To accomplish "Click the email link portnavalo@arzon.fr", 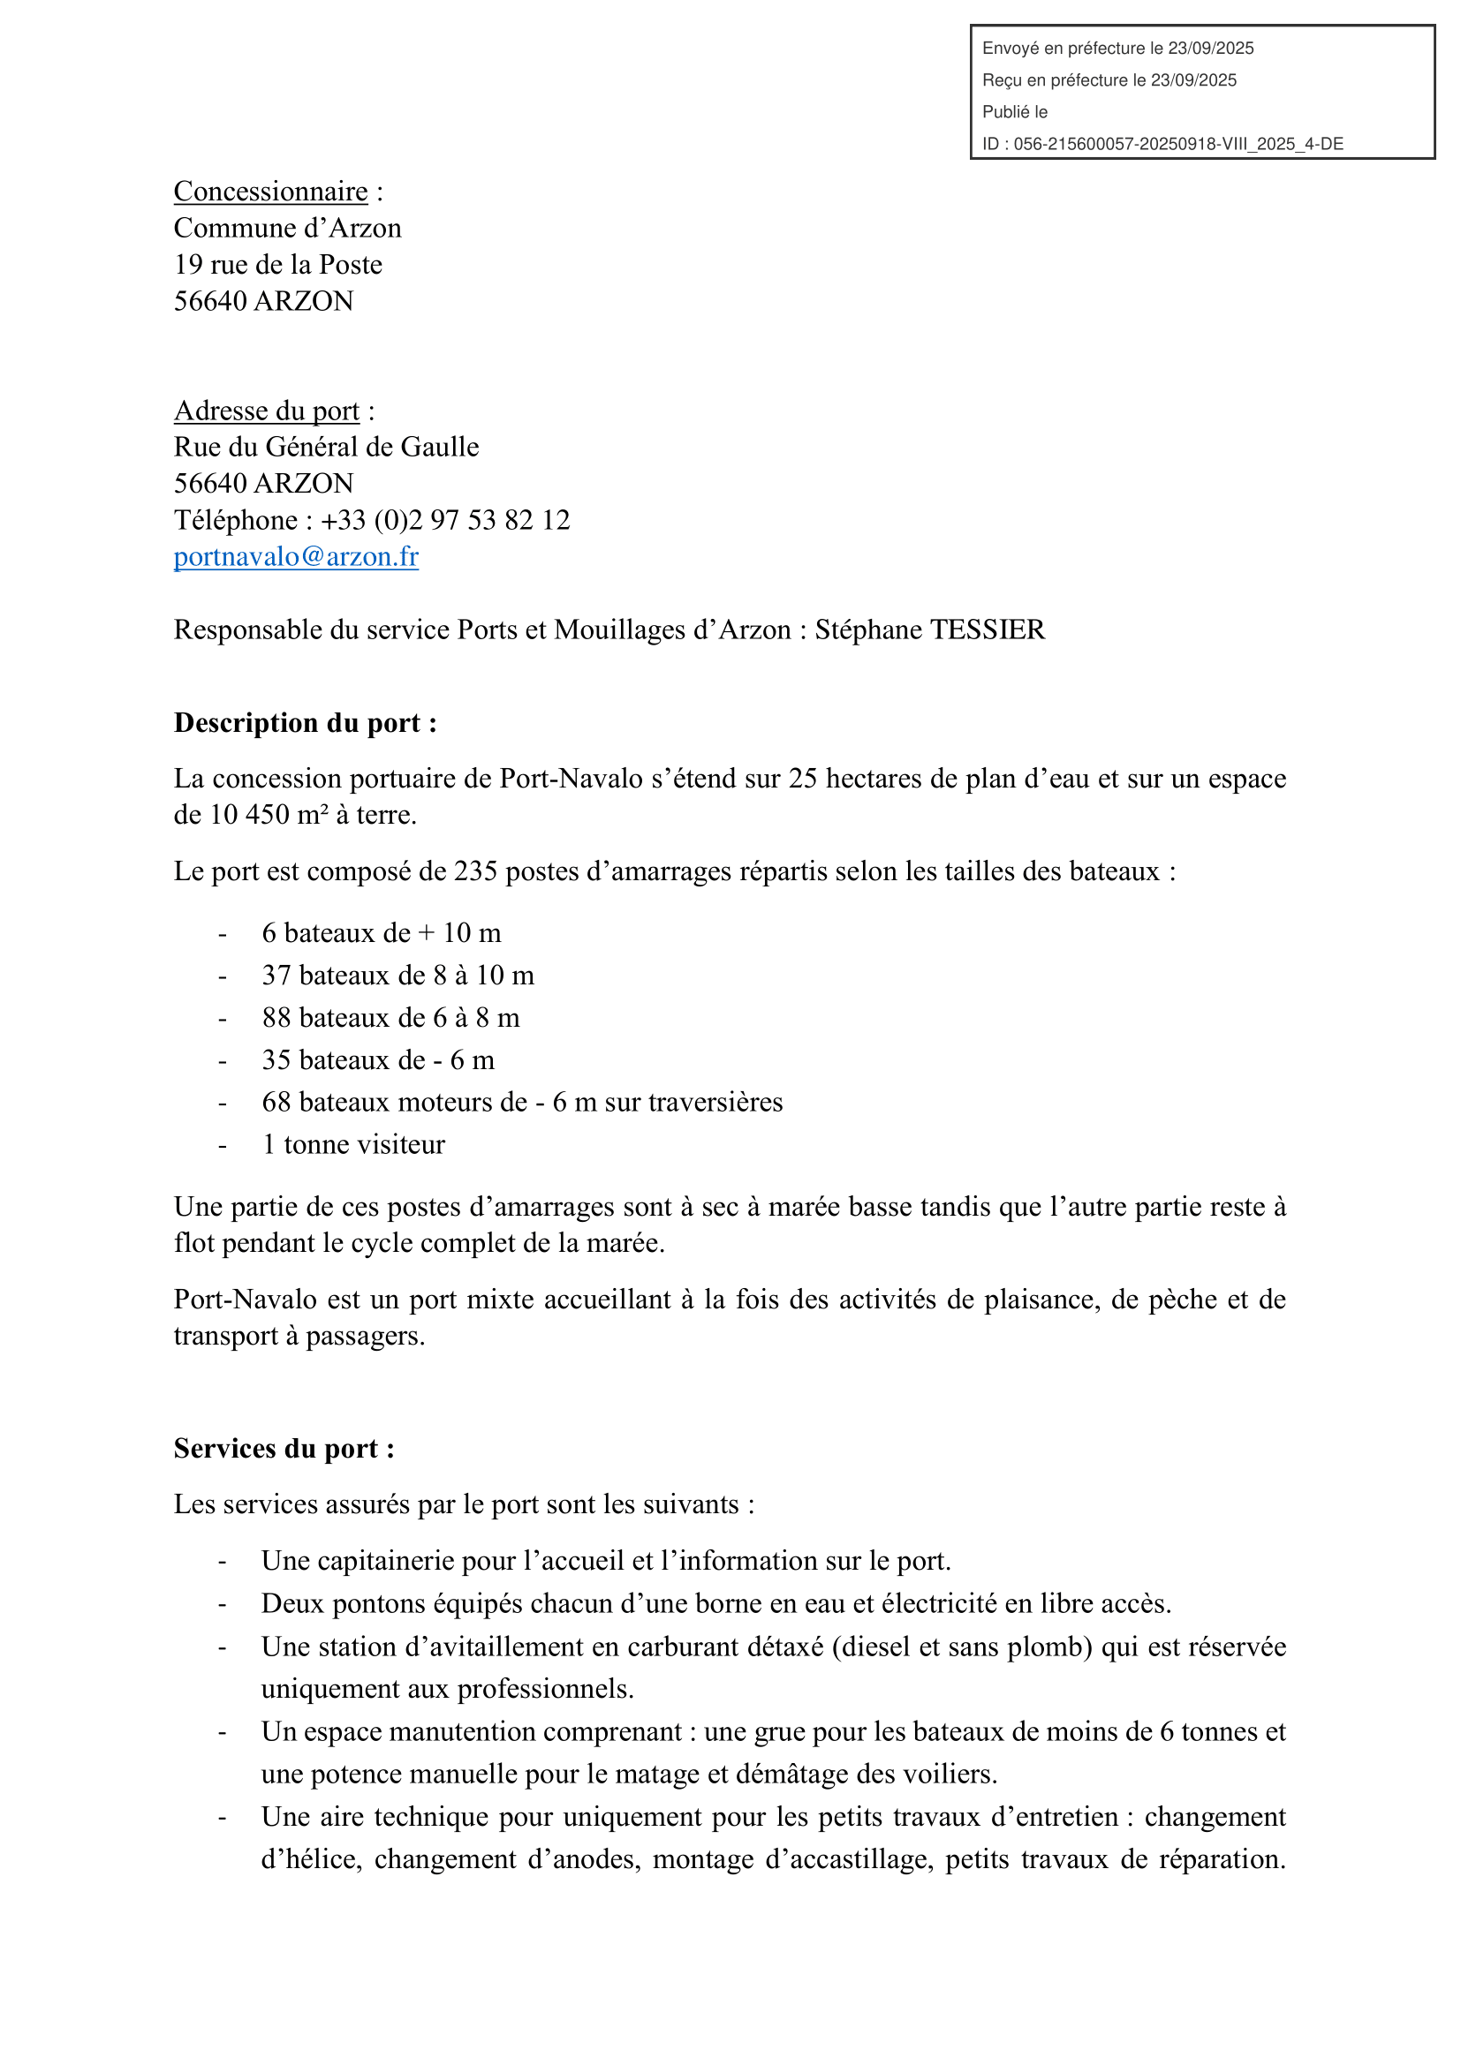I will (x=296, y=557).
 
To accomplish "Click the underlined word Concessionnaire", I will (x=271, y=192).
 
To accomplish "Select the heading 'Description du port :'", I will (x=306, y=723).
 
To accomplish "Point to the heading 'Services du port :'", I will (x=284, y=1449).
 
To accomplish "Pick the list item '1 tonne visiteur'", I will (x=353, y=1145).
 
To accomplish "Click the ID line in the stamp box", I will (x=1162, y=144).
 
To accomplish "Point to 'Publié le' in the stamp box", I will (x=1015, y=112).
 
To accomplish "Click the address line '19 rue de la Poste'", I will (x=278, y=265).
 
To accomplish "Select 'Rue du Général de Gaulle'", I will (x=327, y=447).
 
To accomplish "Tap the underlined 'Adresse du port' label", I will (x=266, y=411).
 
